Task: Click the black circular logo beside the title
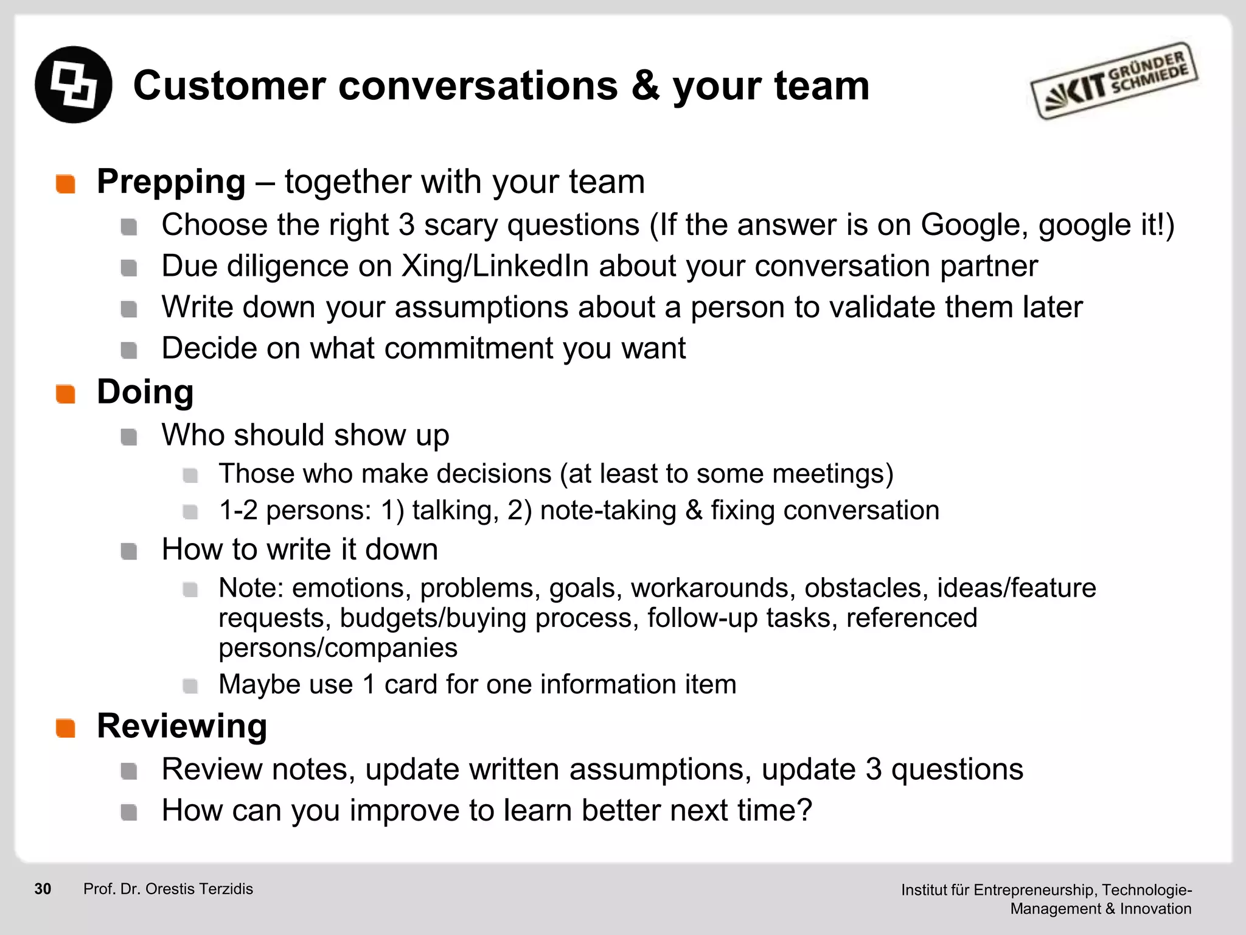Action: pos(73,85)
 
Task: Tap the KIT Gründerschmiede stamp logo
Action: pos(1113,82)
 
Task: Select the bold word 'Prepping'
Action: pos(171,182)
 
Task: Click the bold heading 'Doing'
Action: pos(145,391)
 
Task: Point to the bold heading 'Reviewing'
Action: pos(182,726)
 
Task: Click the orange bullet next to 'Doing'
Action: pos(65,394)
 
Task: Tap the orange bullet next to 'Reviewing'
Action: pos(65,728)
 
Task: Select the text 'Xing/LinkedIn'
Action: pos(495,266)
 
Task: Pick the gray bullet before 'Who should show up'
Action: pos(128,437)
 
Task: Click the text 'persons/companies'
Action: pos(338,648)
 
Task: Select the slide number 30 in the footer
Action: pos(43,889)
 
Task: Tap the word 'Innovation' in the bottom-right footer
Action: pos(1155,909)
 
